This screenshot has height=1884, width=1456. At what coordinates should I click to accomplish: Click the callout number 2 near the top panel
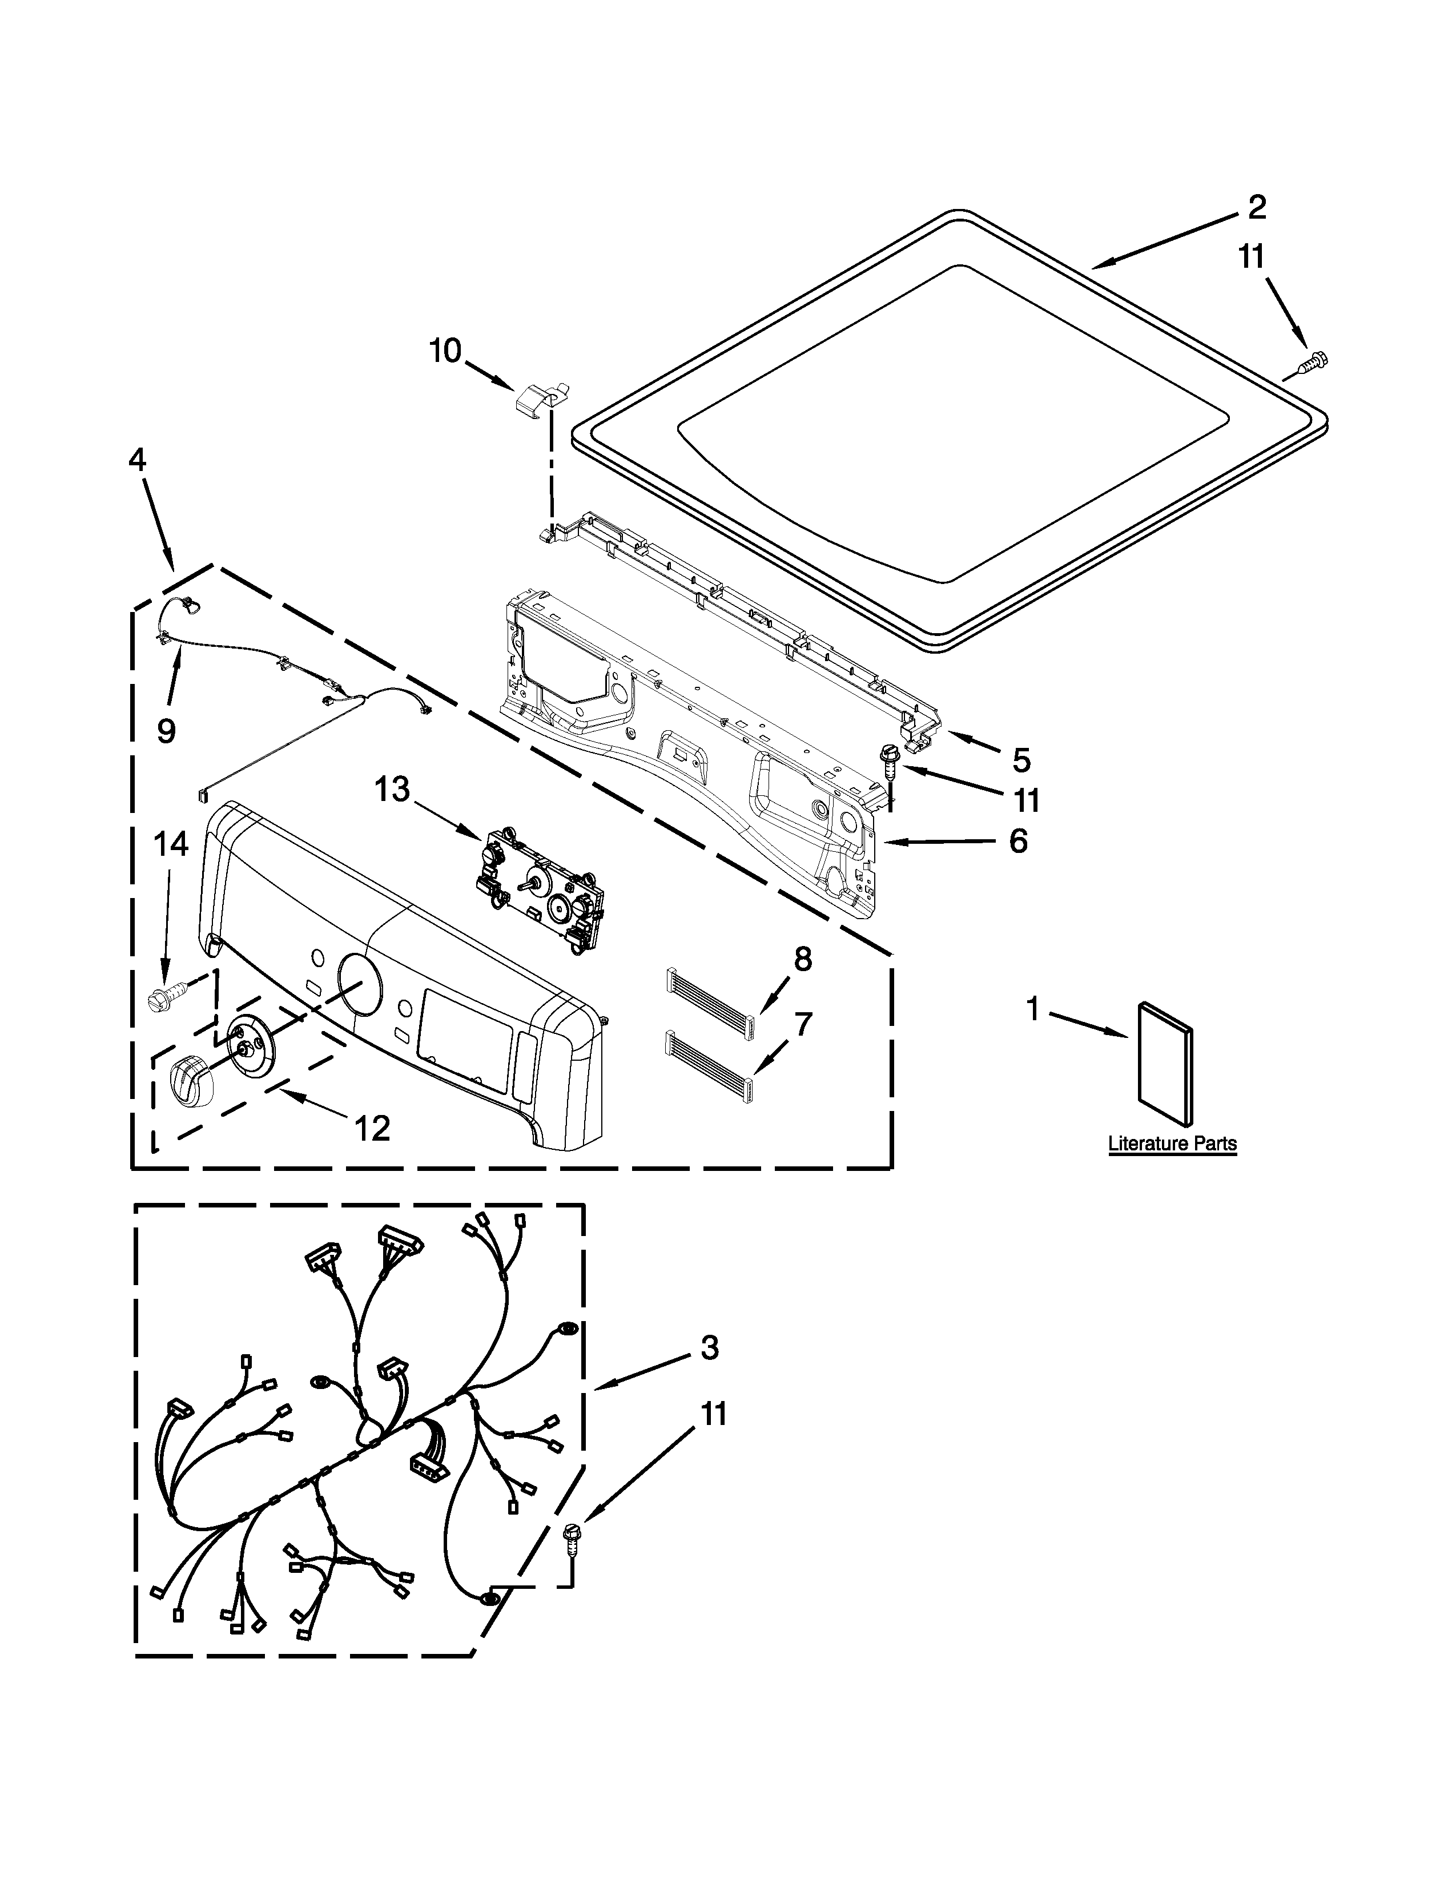pos(1256,207)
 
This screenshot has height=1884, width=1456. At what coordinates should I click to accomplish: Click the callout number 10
pos(445,351)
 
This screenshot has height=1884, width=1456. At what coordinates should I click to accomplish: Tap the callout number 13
pos(392,790)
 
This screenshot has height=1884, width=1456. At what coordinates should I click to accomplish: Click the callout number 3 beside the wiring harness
pos(709,1347)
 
